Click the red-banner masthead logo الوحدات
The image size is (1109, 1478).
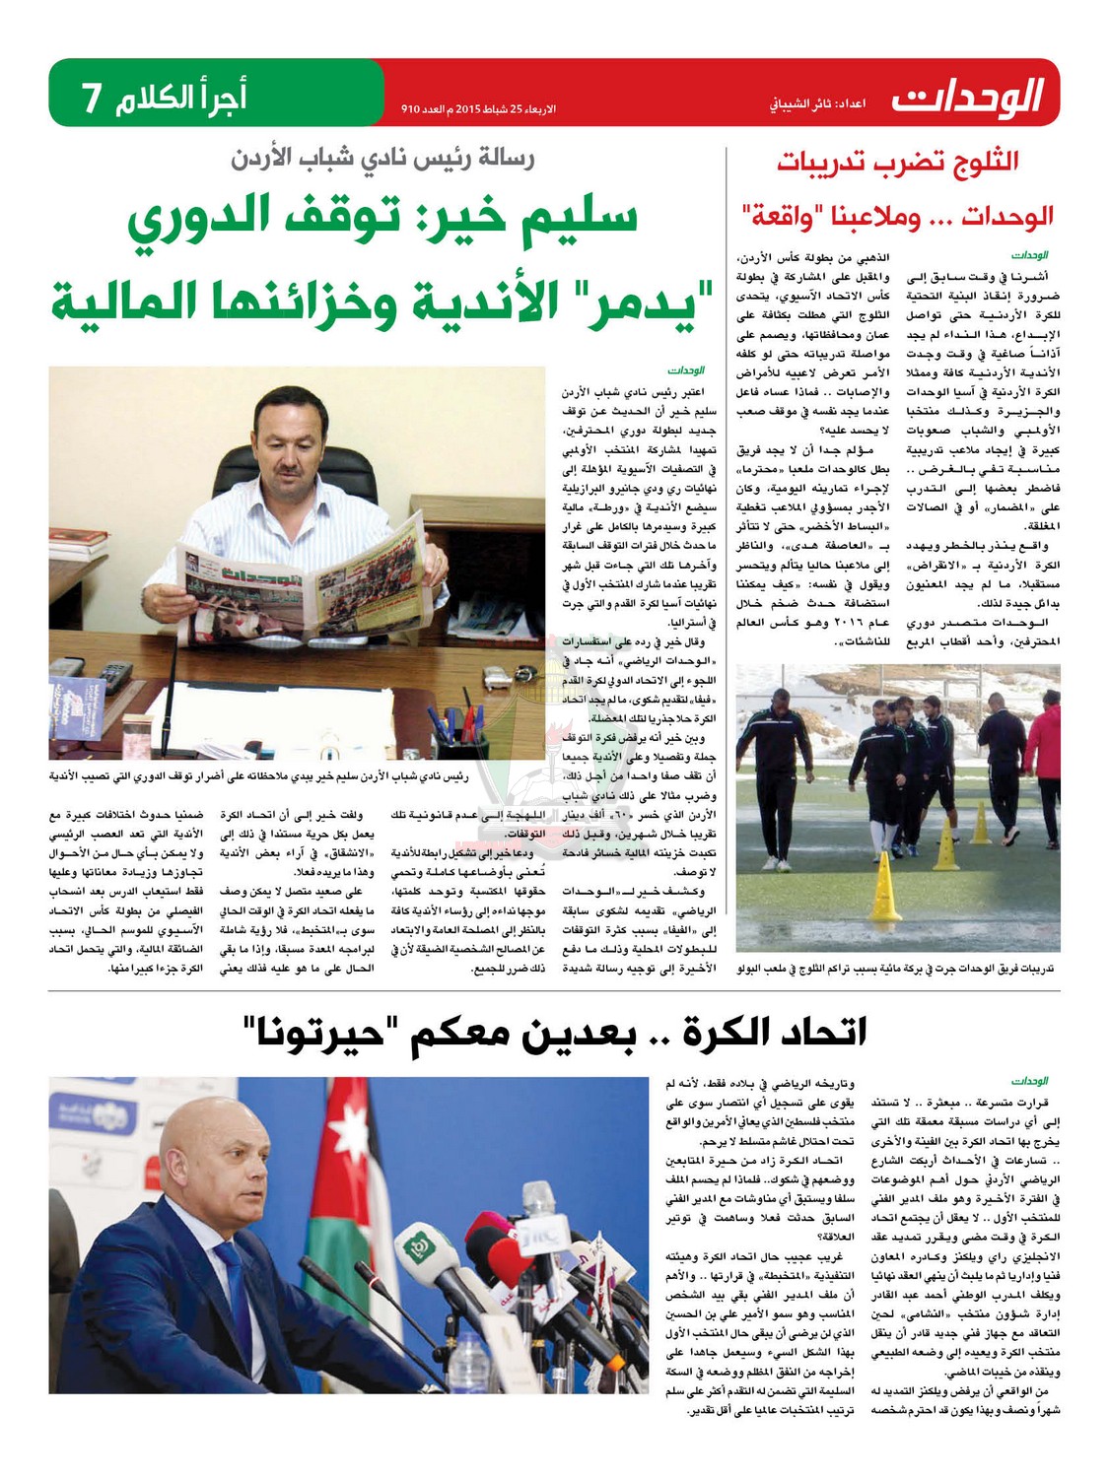[x=967, y=97]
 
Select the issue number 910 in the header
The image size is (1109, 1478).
[x=410, y=107]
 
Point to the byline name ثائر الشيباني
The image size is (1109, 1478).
[x=797, y=103]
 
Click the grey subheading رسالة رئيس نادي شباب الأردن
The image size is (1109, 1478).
[x=382, y=158]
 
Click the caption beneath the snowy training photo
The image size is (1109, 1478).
[x=896, y=969]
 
